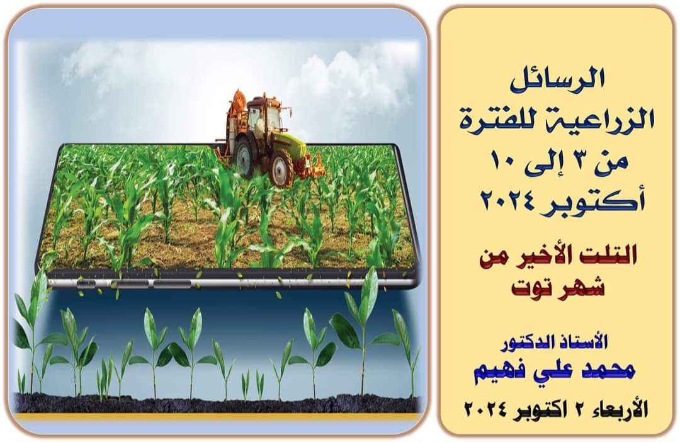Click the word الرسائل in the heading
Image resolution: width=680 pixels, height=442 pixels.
click(x=557, y=81)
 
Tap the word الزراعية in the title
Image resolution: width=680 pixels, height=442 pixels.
click(x=607, y=120)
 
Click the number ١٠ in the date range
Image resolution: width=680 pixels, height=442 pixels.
click(x=502, y=161)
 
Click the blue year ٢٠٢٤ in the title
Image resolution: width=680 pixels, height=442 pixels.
click(x=512, y=200)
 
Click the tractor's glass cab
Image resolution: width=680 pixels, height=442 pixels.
click(x=265, y=116)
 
